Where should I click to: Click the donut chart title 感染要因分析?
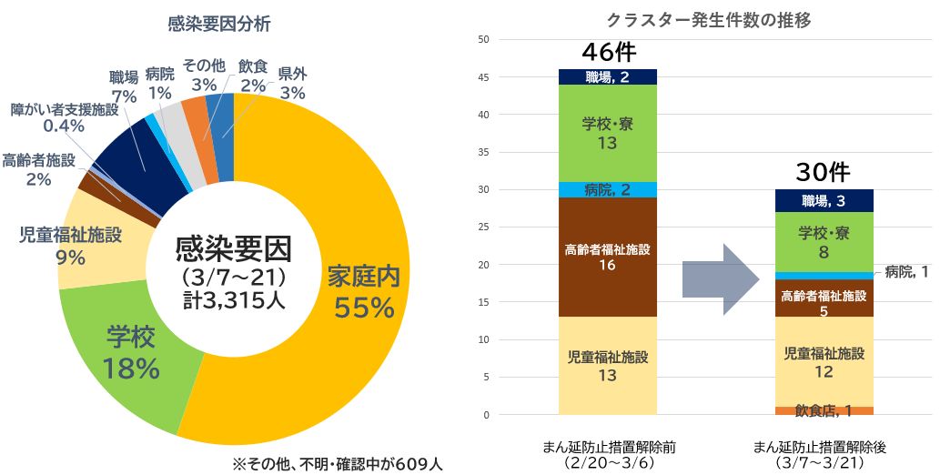click(x=218, y=25)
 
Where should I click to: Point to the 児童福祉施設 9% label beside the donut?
click(x=70, y=247)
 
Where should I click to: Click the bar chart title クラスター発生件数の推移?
click(x=708, y=19)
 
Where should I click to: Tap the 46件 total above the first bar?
click(x=609, y=53)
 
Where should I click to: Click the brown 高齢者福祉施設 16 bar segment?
click(x=608, y=256)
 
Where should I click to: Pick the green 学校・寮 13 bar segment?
click(x=608, y=134)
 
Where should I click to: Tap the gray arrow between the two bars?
click(x=723, y=278)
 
